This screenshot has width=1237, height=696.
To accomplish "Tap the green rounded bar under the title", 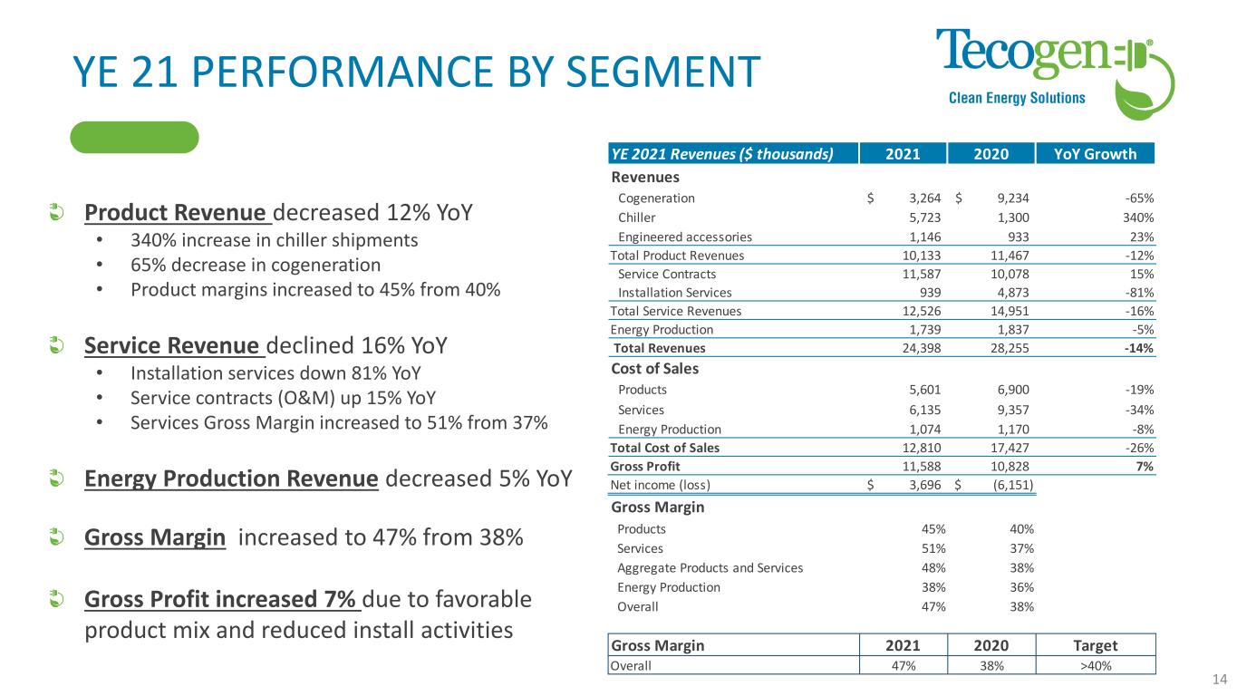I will (134, 137).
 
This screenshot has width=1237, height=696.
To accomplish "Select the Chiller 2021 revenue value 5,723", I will (924, 217).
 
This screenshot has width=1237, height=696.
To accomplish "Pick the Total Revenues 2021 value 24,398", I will (922, 347).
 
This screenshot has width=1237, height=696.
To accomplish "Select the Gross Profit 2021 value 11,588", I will (922, 467).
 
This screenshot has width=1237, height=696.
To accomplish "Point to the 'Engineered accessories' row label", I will (684, 236).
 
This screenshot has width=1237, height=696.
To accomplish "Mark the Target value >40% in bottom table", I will (1097, 664).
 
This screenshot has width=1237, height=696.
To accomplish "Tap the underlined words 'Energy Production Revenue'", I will (231, 478).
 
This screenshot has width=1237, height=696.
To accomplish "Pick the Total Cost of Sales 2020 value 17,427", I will (1008, 449).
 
